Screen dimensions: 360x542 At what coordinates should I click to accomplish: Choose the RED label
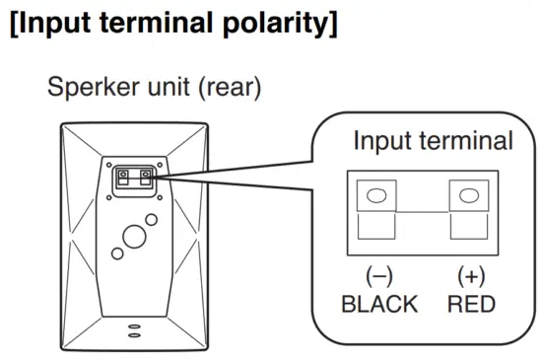(470, 303)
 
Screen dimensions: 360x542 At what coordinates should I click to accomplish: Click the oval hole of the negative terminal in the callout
(376, 195)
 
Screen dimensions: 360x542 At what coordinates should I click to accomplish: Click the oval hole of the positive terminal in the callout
(469, 195)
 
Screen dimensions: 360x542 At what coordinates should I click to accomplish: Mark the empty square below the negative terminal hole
(376, 230)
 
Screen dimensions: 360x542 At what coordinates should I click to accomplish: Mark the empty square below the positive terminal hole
(469, 230)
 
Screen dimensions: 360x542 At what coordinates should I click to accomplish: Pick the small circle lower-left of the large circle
(117, 254)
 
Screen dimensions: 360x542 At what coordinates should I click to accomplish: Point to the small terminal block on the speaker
(135, 179)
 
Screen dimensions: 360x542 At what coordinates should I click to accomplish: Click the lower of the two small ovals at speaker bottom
(135, 332)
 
